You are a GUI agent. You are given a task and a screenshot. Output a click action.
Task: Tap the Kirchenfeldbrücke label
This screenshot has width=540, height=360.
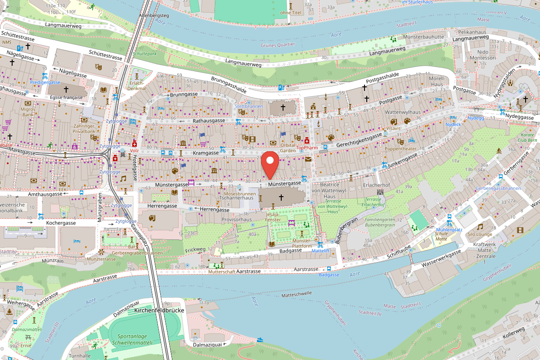158,310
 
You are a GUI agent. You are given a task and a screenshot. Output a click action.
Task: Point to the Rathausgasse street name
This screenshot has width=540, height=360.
209,121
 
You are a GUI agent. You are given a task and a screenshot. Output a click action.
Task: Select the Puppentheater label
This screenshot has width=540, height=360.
400,148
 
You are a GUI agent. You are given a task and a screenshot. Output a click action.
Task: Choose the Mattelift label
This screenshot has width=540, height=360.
320,251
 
